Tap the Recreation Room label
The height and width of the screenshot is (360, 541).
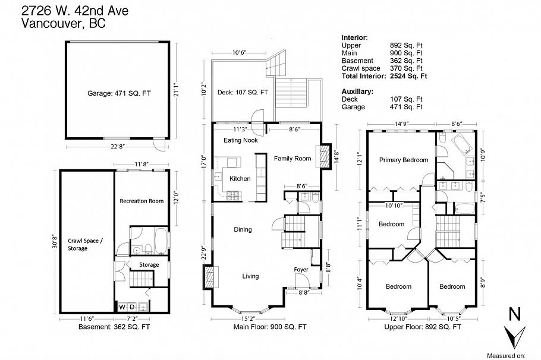click(x=141, y=201)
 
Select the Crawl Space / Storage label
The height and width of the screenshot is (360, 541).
click(x=86, y=244)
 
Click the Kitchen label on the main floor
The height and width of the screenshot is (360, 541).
click(x=240, y=178)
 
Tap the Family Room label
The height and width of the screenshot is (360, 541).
click(x=292, y=159)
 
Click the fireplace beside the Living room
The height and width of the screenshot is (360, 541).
click(x=209, y=276)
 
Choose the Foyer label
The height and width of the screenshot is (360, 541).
click(x=301, y=270)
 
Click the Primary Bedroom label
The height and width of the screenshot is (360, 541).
click(x=404, y=160)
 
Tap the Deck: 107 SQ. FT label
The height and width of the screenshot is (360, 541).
click(x=243, y=93)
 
